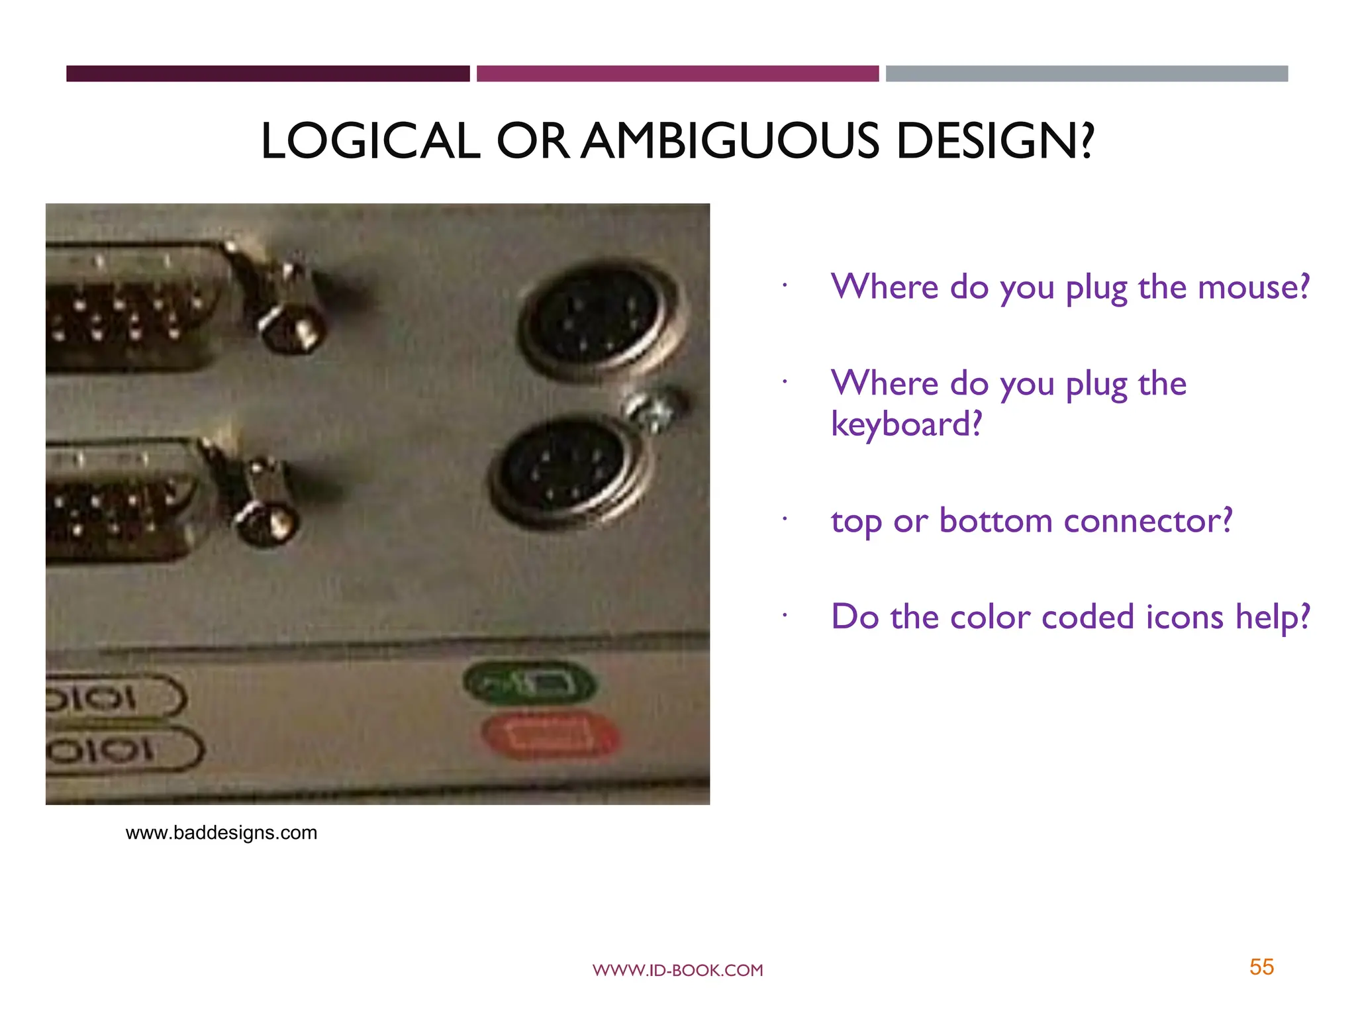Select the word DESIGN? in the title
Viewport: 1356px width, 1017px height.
click(994, 142)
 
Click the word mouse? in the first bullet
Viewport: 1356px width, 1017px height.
click(1253, 287)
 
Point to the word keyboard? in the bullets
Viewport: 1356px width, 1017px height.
click(906, 424)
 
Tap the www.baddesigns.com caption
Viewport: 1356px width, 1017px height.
click(221, 833)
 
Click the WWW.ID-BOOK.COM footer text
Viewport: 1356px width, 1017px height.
click(677, 971)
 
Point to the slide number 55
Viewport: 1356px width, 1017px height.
click(1261, 967)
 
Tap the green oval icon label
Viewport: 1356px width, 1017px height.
click(530, 683)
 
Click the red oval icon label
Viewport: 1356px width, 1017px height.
click(550, 736)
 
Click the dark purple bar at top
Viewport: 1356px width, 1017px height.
click(267, 73)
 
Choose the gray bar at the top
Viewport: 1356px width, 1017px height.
click(1087, 73)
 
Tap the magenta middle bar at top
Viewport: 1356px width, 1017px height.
click(677, 73)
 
